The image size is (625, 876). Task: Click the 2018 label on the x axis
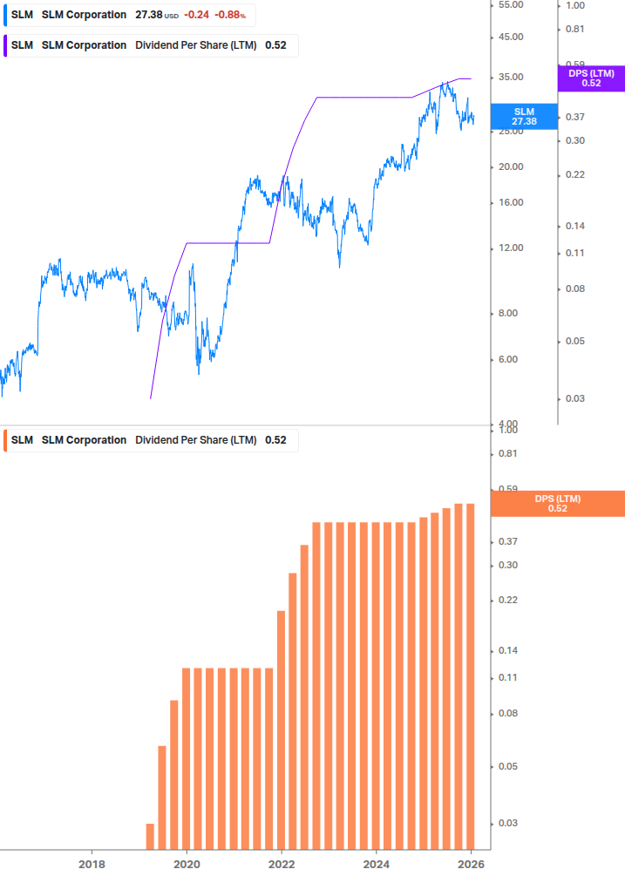(92, 864)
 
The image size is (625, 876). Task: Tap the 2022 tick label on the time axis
(282, 864)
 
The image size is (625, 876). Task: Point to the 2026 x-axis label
(472, 864)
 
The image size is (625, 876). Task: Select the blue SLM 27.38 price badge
(524, 116)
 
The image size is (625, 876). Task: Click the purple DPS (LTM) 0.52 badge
(591, 78)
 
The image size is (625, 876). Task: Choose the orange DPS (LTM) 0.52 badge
(558, 503)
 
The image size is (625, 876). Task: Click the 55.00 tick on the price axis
(510, 5)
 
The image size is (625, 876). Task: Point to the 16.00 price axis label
(510, 203)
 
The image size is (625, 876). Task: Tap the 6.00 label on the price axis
(510, 359)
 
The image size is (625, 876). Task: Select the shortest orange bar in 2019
(150, 836)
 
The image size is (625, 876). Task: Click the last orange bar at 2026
(471, 676)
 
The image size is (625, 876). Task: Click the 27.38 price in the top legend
(149, 15)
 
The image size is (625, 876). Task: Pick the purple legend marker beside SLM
(6, 45)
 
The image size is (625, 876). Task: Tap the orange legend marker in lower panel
(6, 440)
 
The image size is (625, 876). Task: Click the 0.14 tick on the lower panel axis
(508, 651)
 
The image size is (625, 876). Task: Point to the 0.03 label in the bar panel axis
(508, 824)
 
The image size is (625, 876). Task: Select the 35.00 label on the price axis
(510, 78)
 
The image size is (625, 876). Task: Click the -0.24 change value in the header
(197, 15)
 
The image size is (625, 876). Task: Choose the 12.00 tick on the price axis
(510, 248)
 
